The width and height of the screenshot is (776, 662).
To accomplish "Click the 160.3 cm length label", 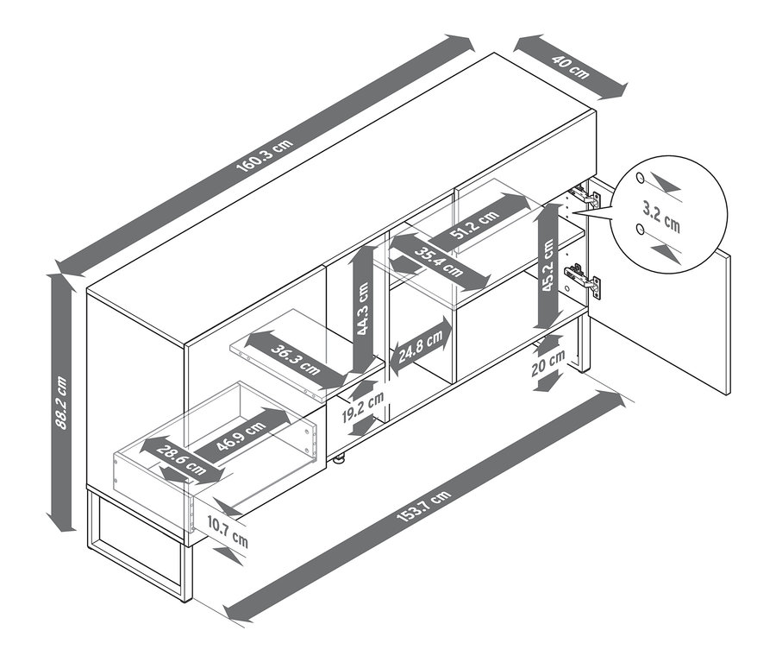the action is tap(265, 155).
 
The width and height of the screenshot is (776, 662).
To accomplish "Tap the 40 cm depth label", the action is tap(571, 67).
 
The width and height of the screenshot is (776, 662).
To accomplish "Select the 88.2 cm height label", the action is tap(61, 403).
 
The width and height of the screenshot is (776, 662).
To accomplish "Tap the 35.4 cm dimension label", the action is tap(439, 262).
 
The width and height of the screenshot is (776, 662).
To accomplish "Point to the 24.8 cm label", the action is tap(421, 347).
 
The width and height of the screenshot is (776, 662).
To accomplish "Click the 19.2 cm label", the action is tap(363, 407).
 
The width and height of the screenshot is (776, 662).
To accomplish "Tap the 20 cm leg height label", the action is tap(548, 363).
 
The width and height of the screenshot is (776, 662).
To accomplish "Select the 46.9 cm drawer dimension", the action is tap(241, 436).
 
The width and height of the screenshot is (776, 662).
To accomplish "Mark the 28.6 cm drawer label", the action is tap(181, 460).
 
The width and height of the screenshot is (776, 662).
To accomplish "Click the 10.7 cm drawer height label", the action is tap(228, 531).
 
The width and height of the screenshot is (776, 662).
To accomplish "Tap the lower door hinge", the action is tap(584, 280).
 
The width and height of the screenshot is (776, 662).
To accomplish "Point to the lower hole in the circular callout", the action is tap(641, 229).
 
